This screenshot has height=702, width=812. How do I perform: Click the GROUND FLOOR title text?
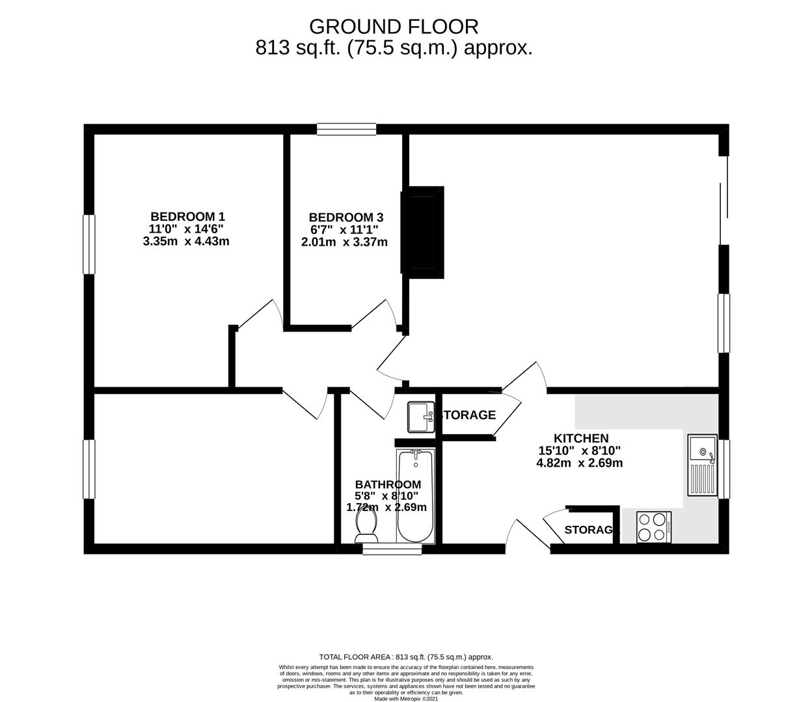pyautogui.click(x=394, y=27)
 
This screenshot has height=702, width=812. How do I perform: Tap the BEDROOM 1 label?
pyautogui.click(x=187, y=216)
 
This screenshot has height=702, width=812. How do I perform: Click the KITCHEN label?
pyautogui.click(x=580, y=439)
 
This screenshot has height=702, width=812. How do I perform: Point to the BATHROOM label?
pyautogui.click(x=388, y=484)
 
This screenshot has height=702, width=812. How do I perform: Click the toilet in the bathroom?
pyautogui.click(x=367, y=525)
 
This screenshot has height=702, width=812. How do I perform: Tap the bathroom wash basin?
pyautogui.click(x=421, y=417)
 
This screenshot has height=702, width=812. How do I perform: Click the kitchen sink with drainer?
pyautogui.click(x=701, y=465)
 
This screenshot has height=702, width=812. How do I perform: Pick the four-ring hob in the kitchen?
pyautogui.click(x=653, y=527)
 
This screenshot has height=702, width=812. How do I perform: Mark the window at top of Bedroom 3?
pyautogui.click(x=346, y=129)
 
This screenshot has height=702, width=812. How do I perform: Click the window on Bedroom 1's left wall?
pyautogui.click(x=89, y=244)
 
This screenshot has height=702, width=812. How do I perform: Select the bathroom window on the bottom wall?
pyautogui.click(x=392, y=549)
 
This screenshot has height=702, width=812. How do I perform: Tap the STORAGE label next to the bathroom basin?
pyautogui.click(x=468, y=415)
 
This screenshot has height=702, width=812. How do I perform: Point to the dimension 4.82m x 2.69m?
pyautogui.click(x=579, y=463)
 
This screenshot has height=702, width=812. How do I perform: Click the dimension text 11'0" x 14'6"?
pyautogui.click(x=187, y=229)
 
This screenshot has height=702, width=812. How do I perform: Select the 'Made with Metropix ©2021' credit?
pyautogui.click(x=406, y=699)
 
